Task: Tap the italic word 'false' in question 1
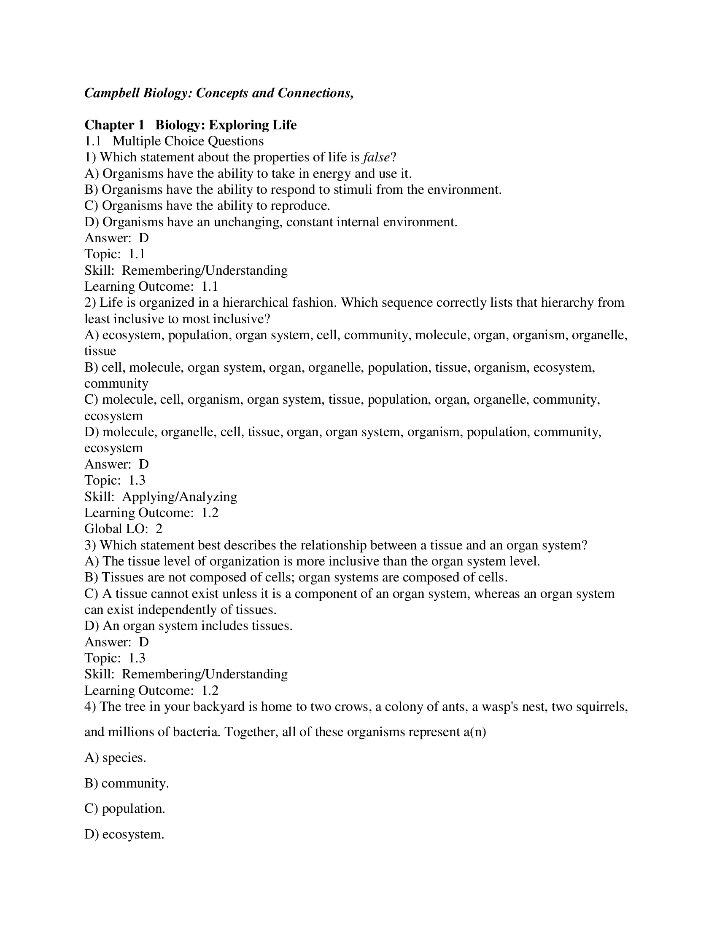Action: tap(376, 158)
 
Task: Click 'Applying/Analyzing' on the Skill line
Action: tap(179, 497)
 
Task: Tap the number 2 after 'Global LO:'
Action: tap(159, 529)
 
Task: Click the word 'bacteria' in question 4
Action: tap(195, 732)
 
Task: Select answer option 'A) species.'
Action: tap(115, 758)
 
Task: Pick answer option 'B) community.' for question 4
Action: tap(127, 784)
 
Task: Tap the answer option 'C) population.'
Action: tap(124, 809)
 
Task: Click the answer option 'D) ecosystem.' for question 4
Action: tap(124, 834)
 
